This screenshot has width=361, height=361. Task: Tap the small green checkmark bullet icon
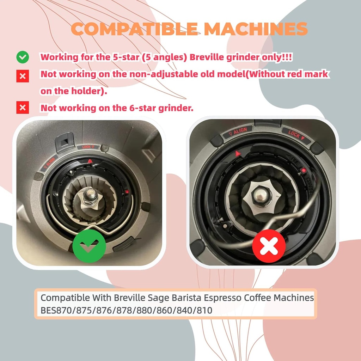point(23,57)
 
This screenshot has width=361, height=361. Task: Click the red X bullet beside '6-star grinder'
point(23,108)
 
